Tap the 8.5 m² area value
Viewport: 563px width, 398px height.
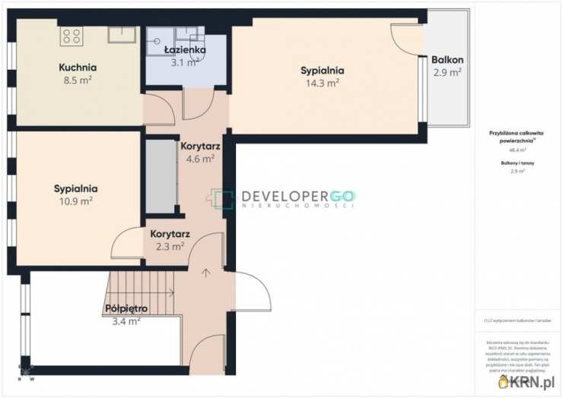(x=77, y=80)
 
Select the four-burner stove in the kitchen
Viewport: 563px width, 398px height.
(x=72, y=36)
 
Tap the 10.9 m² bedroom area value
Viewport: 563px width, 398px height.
(x=75, y=201)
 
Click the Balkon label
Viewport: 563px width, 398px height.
(x=447, y=60)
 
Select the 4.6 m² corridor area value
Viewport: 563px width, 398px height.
(x=197, y=159)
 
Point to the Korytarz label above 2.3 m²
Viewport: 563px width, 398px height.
(x=170, y=234)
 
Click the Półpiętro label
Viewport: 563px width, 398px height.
(x=126, y=308)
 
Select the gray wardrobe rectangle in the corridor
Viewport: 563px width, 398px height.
(x=160, y=176)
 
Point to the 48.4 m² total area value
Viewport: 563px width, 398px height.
(x=518, y=150)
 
